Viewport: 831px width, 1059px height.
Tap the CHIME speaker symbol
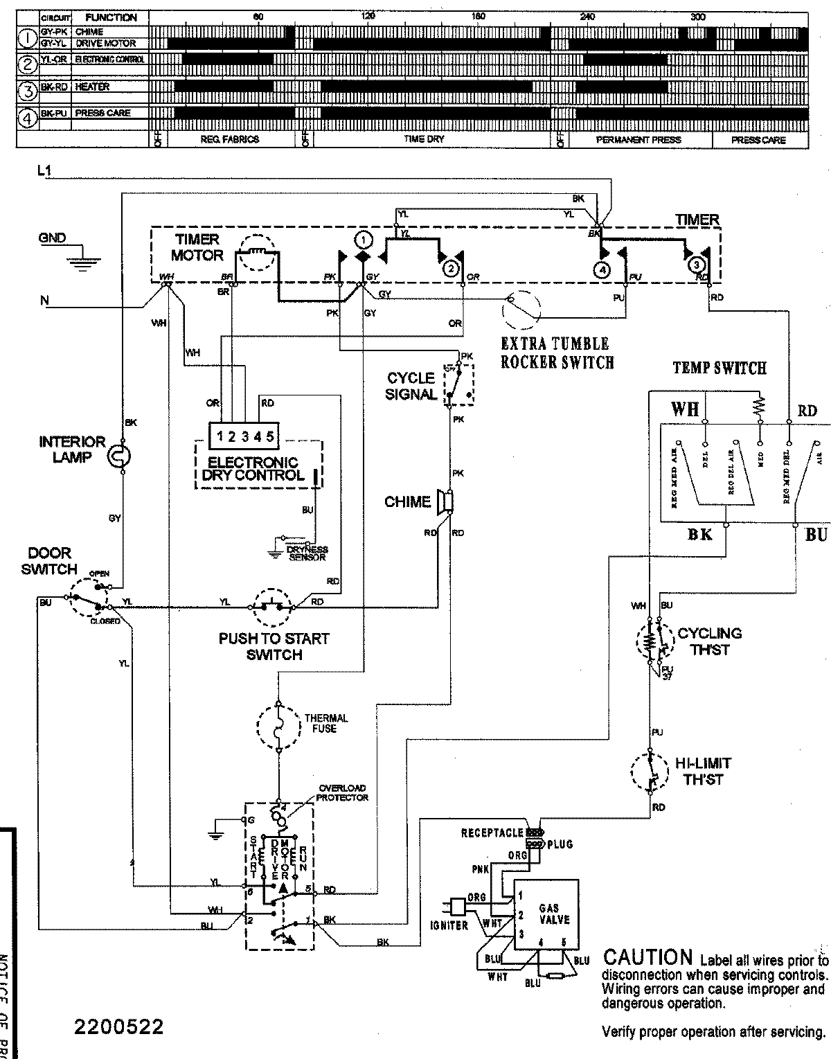(x=445, y=501)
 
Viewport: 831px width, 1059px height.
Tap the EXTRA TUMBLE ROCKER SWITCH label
(x=557, y=353)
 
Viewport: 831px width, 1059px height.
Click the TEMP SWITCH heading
(x=719, y=368)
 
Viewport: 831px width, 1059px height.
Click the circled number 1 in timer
(x=361, y=240)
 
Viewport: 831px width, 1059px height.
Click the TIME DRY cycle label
(x=424, y=139)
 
